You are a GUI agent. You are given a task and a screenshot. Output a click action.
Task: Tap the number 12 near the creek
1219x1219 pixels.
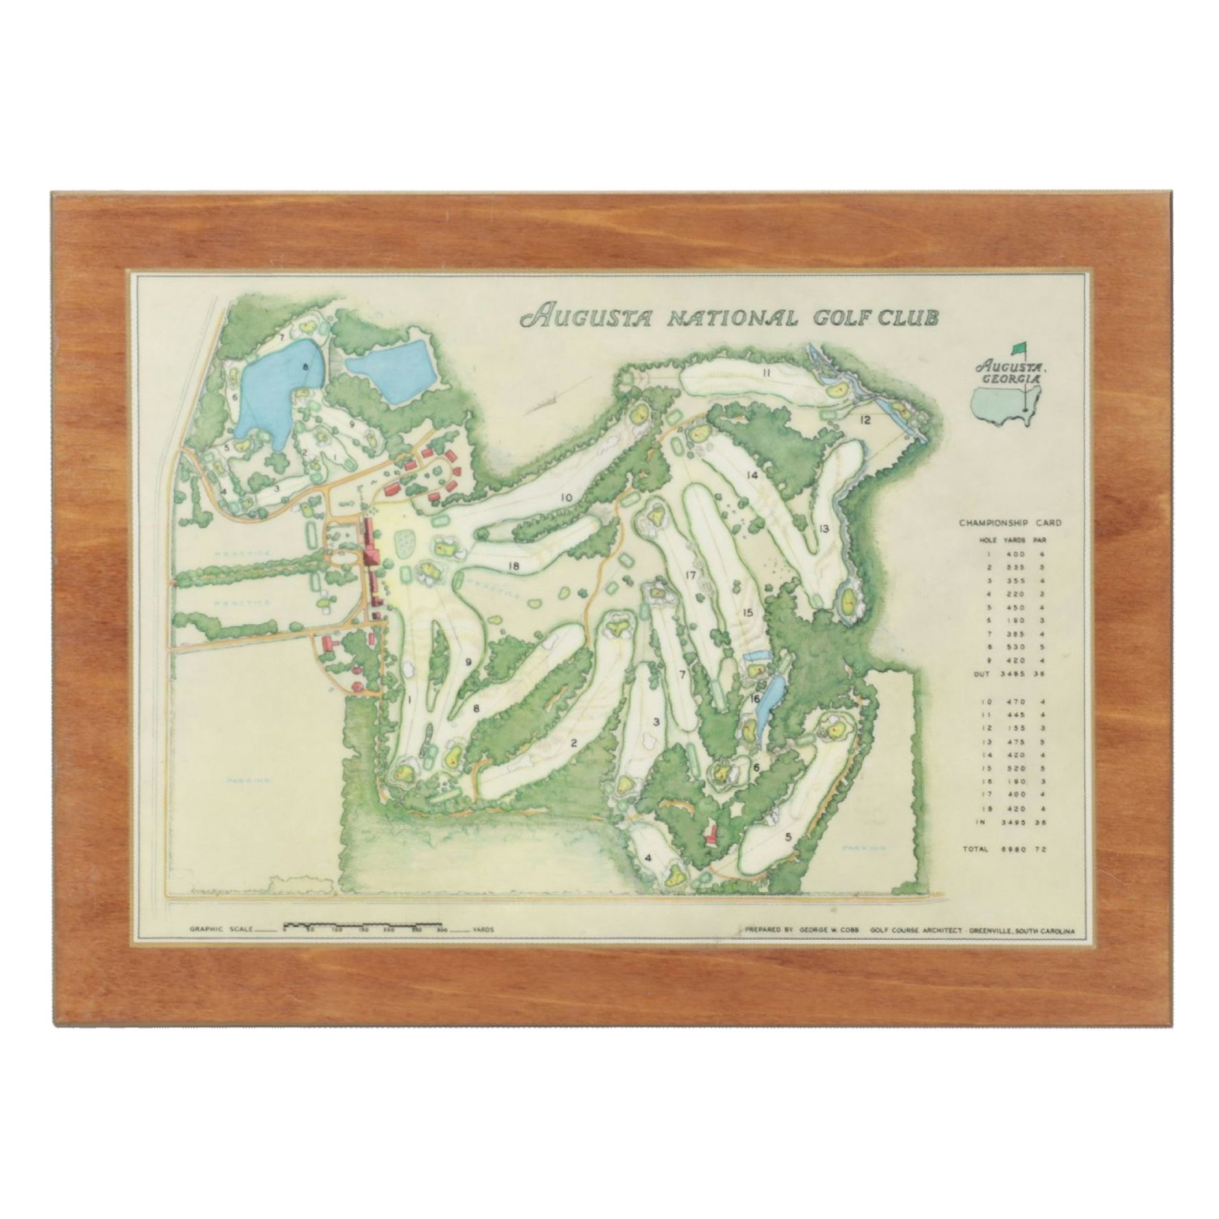[864, 420]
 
